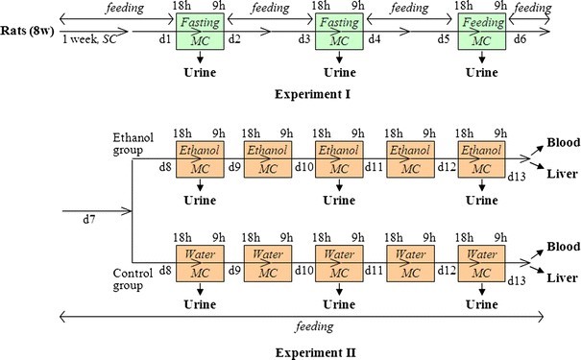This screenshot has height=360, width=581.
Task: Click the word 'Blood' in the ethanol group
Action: (x=560, y=141)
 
